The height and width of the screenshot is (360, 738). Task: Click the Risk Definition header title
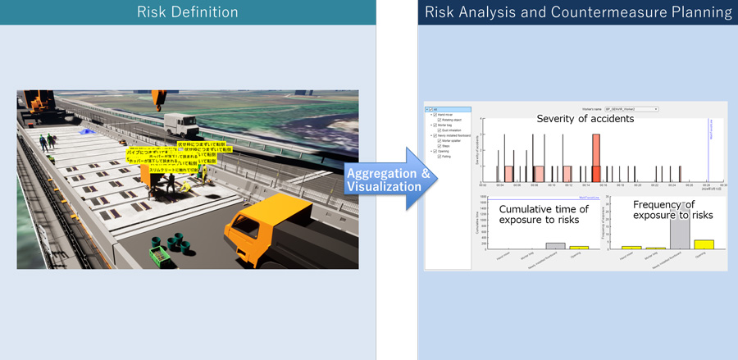[188, 12]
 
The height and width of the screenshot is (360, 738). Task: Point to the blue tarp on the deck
[84, 131]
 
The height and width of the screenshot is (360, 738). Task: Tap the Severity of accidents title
[585, 119]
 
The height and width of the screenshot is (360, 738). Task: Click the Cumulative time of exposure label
[544, 215]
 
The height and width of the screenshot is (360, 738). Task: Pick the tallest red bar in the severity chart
[596, 158]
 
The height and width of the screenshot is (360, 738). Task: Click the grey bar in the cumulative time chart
[555, 244]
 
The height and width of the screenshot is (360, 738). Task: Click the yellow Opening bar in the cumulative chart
[579, 246]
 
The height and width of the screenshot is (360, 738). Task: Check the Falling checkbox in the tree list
[440, 157]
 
